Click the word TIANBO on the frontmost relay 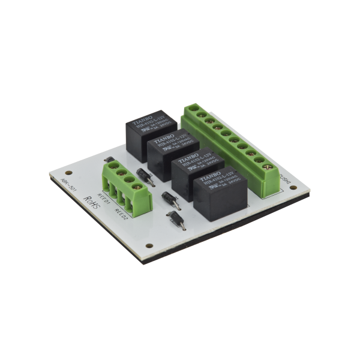point(211,177)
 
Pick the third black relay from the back point(191,171)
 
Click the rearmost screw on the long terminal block point(192,109)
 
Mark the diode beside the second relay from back point(143,176)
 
